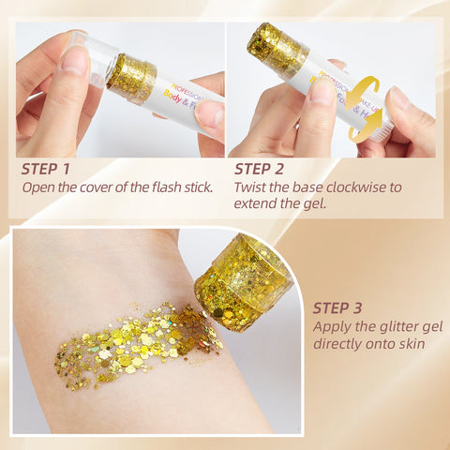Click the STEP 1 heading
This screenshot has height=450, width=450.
click(x=58, y=169)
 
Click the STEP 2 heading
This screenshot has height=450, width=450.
click(x=271, y=169)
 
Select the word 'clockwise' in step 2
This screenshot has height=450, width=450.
click(x=360, y=187)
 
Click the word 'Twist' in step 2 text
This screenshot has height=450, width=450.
click(x=253, y=187)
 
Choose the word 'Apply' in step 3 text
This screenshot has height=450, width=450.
click(x=333, y=327)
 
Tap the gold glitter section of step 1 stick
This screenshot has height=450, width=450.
click(x=131, y=78)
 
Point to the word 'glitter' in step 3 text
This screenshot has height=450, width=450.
click(x=399, y=327)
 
